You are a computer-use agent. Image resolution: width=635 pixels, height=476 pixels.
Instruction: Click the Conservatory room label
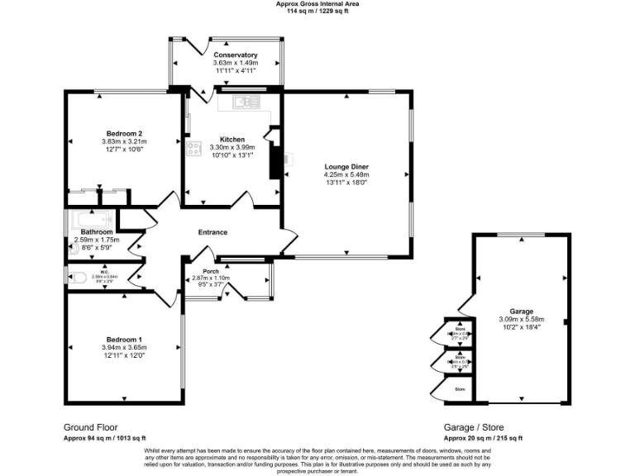click(235, 55)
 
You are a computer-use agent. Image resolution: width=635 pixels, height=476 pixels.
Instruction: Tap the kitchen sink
click(242, 102)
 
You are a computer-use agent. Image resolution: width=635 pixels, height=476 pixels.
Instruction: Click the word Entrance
click(212, 232)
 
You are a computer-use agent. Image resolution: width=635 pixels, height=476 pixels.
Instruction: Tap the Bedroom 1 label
click(123, 340)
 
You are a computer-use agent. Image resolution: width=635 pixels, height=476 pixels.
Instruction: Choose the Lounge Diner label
click(346, 167)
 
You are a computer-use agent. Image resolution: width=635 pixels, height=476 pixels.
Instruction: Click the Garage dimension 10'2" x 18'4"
click(521, 328)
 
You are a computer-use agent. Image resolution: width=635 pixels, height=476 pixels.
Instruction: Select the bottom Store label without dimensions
click(460, 388)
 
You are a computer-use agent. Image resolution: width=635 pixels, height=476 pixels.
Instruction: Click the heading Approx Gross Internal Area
click(317, 4)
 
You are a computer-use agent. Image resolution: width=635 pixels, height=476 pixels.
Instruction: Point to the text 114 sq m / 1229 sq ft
click(317, 12)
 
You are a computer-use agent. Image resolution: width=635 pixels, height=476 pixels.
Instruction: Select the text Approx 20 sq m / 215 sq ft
click(483, 438)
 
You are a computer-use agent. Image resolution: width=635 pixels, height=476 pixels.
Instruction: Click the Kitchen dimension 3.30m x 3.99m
click(232, 147)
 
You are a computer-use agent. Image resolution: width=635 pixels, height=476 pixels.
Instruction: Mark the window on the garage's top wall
click(521, 236)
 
